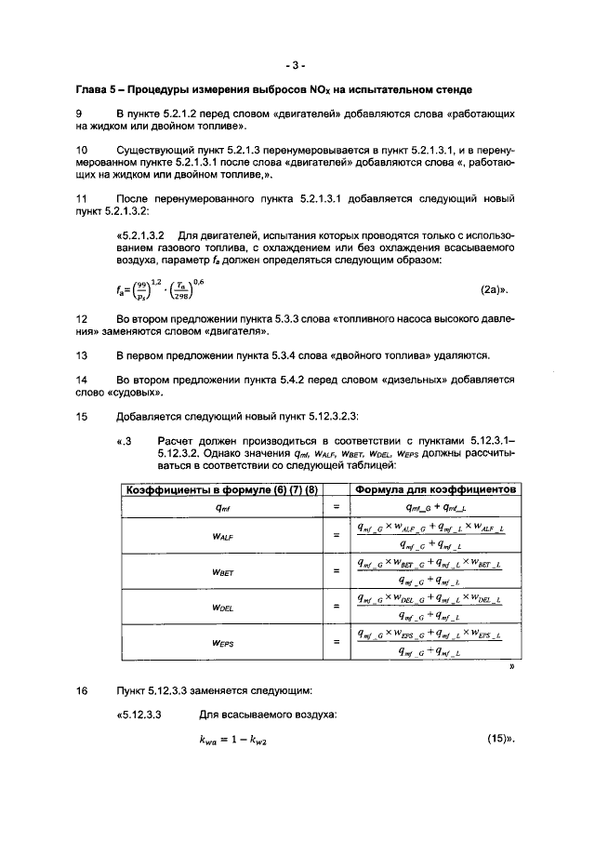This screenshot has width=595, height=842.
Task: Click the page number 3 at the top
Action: coord(297,65)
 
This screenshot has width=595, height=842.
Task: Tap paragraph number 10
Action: coord(81,149)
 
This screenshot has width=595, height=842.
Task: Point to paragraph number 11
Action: coord(81,199)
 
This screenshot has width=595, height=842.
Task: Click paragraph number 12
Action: coord(81,318)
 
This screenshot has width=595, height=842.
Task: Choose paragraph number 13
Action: coord(81,355)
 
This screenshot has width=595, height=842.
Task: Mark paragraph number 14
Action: coord(81,380)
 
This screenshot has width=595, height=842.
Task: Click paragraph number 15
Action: coord(81,416)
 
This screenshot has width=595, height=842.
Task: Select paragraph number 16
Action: coord(81,691)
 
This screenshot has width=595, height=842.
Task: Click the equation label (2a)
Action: coord(496,290)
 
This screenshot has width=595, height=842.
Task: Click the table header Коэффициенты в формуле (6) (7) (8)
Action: coord(221,490)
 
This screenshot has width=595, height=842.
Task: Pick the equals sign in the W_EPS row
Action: coord(335,642)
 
